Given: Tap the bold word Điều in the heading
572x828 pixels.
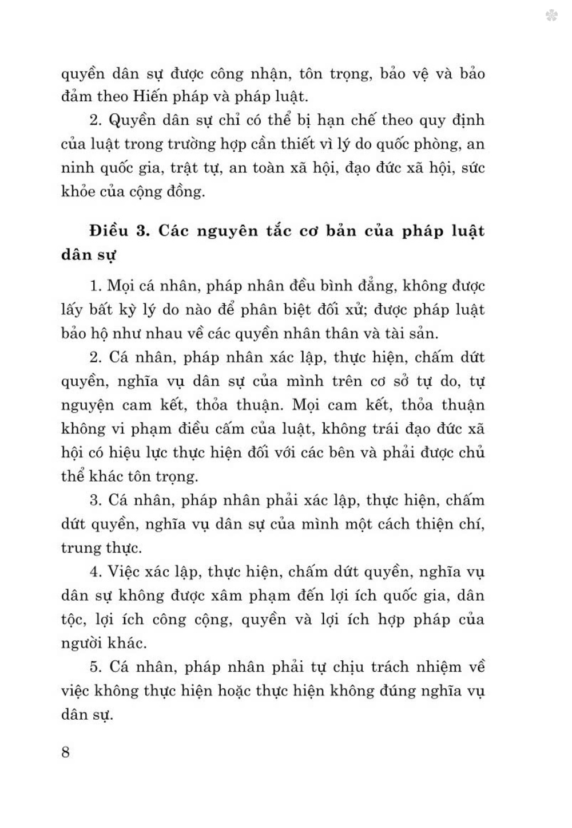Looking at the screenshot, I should coord(109,231).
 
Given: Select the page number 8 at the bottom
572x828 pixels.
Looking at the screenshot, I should coord(65,751).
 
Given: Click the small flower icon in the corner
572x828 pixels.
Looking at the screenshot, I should coord(551,15).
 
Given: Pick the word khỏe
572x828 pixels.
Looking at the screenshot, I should coord(78,191).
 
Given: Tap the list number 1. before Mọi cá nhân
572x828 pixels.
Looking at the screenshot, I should coord(95,286).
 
